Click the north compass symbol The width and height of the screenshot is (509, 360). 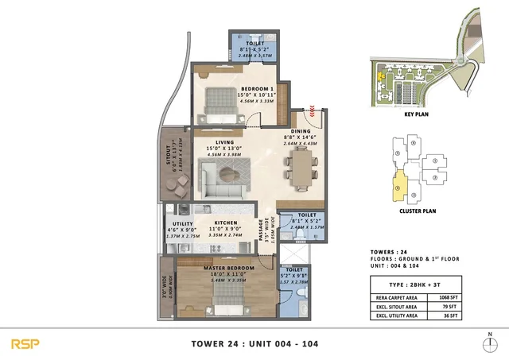click(x=490, y=343)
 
